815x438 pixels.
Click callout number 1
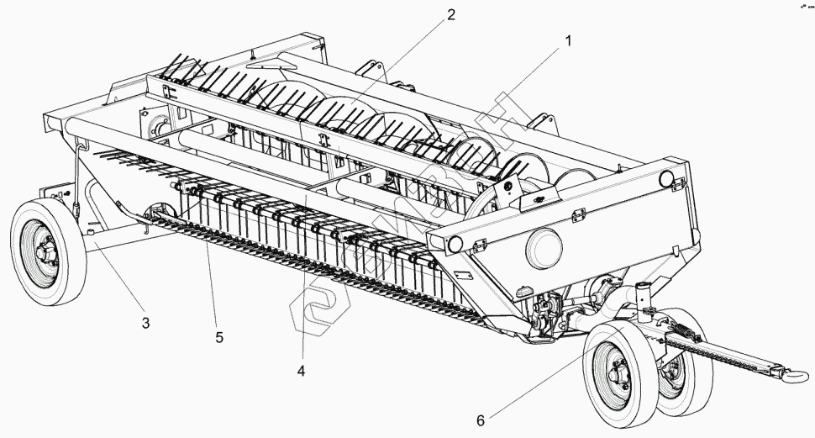(569, 40)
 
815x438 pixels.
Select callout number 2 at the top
(451, 14)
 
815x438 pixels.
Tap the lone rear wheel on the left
(48, 251)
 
